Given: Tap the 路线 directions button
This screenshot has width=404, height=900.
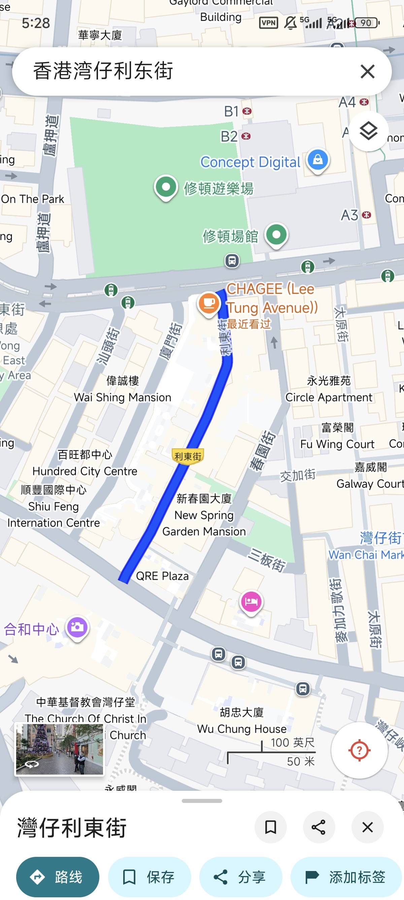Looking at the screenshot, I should coord(58,877).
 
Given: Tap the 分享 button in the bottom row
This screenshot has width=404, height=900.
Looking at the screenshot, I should coord(240,877).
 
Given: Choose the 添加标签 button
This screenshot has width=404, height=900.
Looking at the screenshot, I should coord(346,877).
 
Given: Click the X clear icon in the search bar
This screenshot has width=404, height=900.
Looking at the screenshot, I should coord(367,71).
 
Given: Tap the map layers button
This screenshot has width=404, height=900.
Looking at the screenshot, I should coord(368,131).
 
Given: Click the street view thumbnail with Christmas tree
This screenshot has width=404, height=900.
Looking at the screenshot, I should coord(59,749).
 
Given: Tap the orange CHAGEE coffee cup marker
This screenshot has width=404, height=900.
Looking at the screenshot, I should coord(209,303).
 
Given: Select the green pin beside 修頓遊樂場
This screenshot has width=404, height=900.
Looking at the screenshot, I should coord(166,187).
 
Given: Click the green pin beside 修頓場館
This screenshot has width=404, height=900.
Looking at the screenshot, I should coord(276,235).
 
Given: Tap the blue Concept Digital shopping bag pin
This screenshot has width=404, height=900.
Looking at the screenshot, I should coord(317,160).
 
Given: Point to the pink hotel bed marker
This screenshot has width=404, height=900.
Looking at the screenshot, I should coord(251,602).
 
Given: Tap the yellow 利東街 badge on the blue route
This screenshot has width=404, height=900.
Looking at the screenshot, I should coord(188,456).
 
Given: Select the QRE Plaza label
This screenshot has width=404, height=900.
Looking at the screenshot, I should coord(162,576).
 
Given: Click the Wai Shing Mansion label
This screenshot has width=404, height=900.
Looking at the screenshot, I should coord(123,397).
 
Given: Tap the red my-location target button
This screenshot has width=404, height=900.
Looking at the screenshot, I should coord(359,750).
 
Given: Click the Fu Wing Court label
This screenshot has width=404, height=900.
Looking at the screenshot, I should coord(337,444).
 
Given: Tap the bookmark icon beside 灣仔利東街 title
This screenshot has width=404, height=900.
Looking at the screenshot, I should coord(270,827).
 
